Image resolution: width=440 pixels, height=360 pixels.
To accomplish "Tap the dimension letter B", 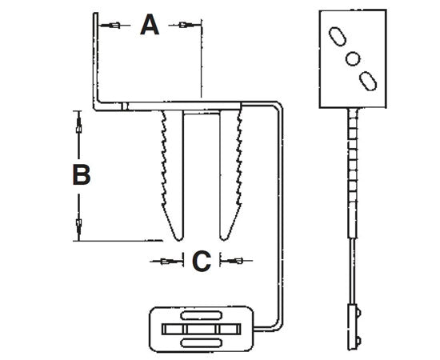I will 80,175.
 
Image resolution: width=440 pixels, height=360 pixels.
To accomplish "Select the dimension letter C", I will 201,261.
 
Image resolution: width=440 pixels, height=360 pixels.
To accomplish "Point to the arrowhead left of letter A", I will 115,26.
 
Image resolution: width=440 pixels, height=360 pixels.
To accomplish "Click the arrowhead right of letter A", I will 185,26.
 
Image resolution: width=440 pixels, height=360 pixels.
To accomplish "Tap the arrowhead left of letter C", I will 166,261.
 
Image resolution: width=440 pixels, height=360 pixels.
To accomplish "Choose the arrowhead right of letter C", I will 236,261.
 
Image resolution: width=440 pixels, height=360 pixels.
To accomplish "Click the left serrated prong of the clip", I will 174,172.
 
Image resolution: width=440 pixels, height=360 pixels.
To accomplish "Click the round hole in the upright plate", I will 352,58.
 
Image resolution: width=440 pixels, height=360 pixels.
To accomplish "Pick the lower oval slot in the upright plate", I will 368,79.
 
